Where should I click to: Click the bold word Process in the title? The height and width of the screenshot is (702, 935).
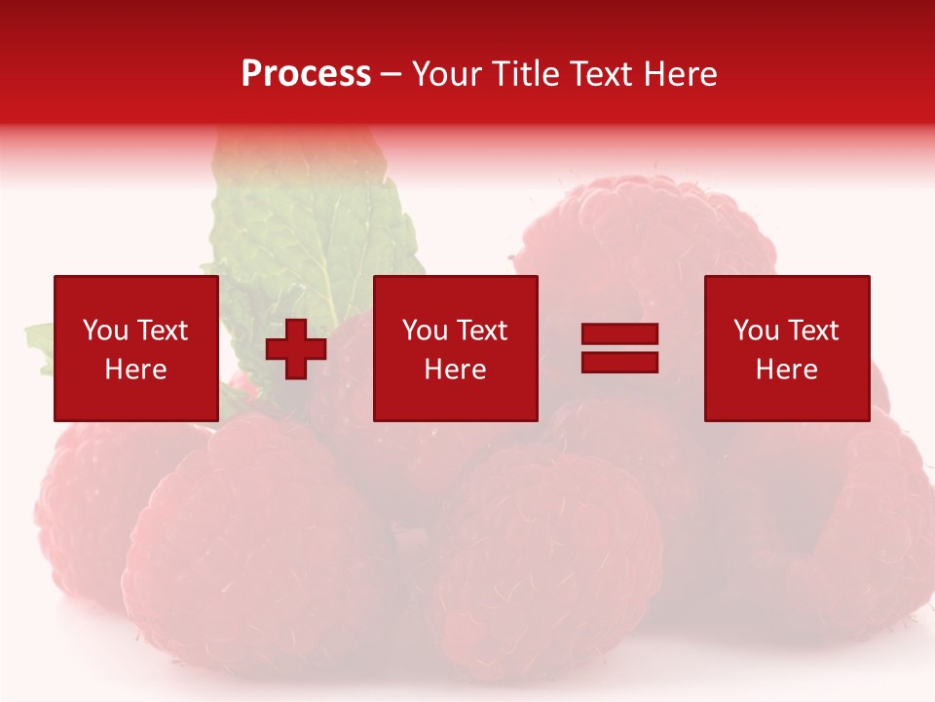tap(306, 74)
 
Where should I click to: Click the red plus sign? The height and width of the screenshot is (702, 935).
tap(296, 349)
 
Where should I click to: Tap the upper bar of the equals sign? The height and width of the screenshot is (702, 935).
tap(619, 334)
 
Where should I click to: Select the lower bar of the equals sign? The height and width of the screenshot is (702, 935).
tap(619, 362)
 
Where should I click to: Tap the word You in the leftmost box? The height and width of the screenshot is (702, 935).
tap(105, 331)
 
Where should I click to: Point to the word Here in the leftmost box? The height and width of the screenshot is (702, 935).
tap(135, 370)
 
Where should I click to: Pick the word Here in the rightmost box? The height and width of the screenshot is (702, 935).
tap(786, 370)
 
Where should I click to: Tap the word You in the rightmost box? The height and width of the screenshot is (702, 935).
tap(756, 331)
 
